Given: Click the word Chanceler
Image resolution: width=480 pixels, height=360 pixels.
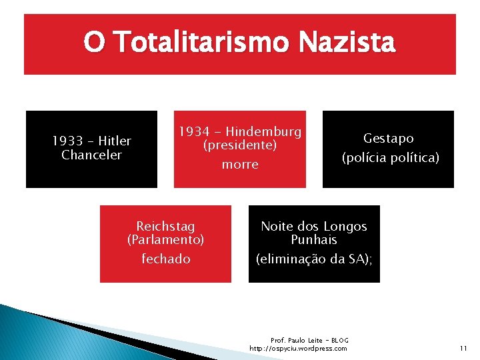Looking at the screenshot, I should (91, 155).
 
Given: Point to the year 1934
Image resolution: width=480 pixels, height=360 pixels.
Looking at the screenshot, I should (194, 131).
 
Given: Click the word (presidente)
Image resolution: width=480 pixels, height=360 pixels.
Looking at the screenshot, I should (239, 145).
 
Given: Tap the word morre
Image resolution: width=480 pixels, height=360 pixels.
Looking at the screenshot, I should (239, 165).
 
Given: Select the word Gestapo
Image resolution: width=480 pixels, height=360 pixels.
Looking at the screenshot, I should (389, 139).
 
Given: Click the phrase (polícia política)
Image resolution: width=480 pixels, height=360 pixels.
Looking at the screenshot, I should (391, 159).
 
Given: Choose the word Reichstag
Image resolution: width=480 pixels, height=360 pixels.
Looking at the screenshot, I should (165, 227).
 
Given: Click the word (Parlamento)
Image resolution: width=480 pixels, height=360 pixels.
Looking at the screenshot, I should (165, 239).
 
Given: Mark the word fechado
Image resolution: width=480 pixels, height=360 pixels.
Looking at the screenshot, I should (165, 259).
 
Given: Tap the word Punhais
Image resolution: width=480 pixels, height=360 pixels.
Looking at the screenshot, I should (314, 240).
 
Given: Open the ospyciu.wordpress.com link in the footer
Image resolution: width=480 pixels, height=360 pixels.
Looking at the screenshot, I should (298, 349).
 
